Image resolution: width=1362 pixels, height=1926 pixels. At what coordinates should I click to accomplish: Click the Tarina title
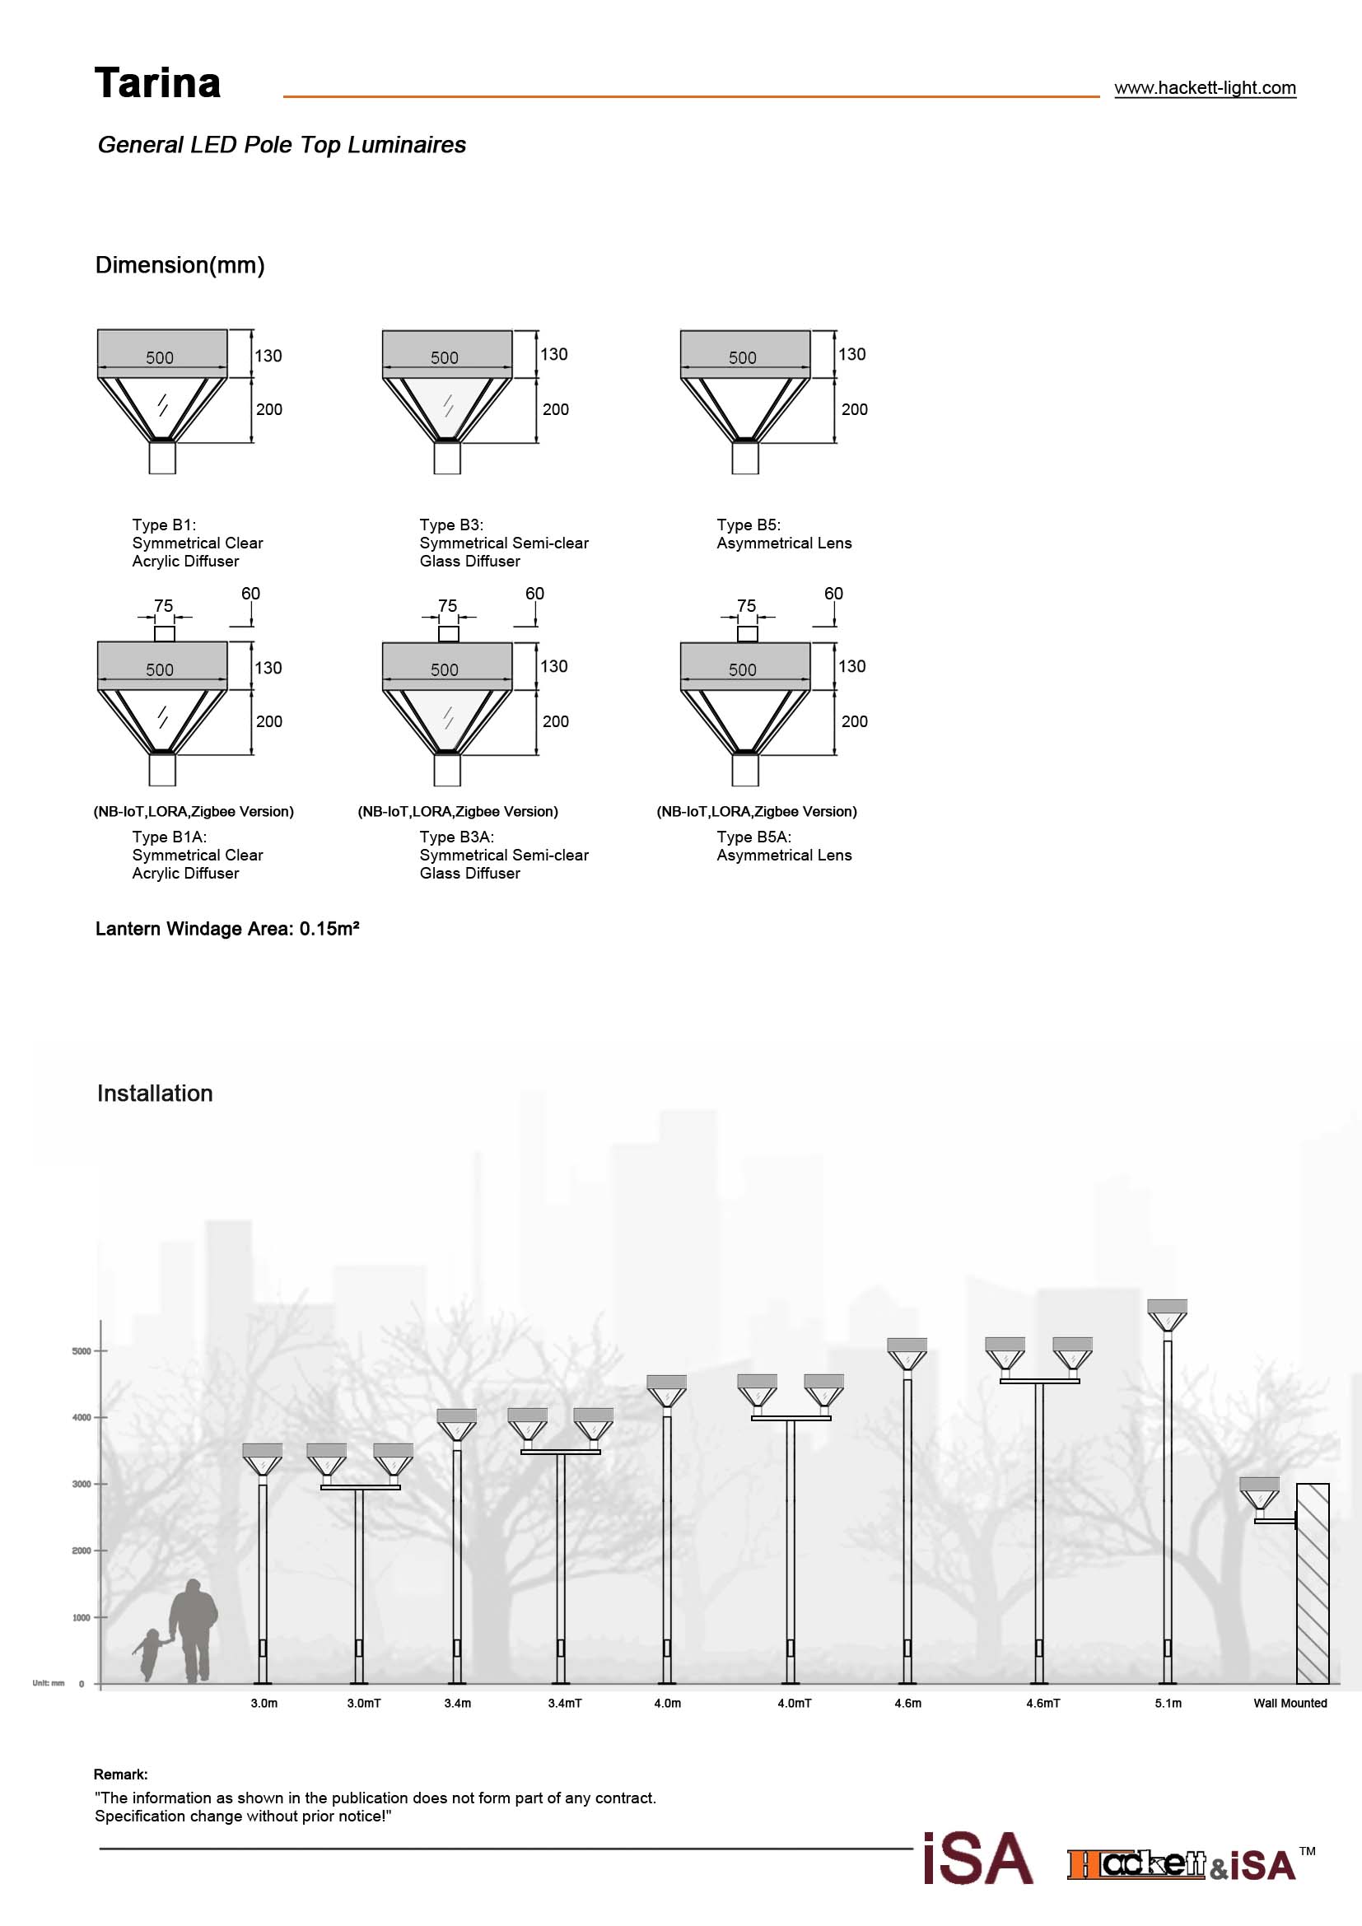click(157, 83)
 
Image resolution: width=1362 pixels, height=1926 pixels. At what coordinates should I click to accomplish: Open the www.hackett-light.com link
click(1205, 88)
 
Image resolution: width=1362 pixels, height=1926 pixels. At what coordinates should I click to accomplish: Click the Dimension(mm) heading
click(180, 265)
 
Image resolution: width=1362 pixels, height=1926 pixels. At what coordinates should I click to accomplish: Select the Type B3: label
click(451, 525)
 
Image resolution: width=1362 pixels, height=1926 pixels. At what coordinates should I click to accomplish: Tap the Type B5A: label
click(753, 837)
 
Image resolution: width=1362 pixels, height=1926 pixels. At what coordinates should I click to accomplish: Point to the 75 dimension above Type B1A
click(164, 606)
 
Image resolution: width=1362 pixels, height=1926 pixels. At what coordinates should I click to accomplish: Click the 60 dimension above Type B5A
click(833, 594)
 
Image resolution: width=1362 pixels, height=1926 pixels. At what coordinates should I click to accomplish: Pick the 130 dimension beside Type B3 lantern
click(553, 355)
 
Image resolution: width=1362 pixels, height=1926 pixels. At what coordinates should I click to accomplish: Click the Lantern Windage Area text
click(227, 929)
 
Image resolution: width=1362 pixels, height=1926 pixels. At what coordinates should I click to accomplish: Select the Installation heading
click(155, 1094)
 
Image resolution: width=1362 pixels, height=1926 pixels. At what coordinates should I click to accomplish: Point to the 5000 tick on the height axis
click(82, 1351)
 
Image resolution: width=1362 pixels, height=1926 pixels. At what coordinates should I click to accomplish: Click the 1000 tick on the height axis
click(82, 1617)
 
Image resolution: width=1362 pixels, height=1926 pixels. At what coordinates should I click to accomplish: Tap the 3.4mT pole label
click(564, 1703)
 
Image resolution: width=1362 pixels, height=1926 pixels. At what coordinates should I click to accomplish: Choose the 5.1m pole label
click(1168, 1703)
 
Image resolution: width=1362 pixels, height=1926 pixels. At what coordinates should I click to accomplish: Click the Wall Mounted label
click(1290, 1703)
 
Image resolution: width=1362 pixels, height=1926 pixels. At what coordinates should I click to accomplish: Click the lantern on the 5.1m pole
click(1167, 1314)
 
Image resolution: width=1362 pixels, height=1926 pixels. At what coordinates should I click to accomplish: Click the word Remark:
click(121, 1774)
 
